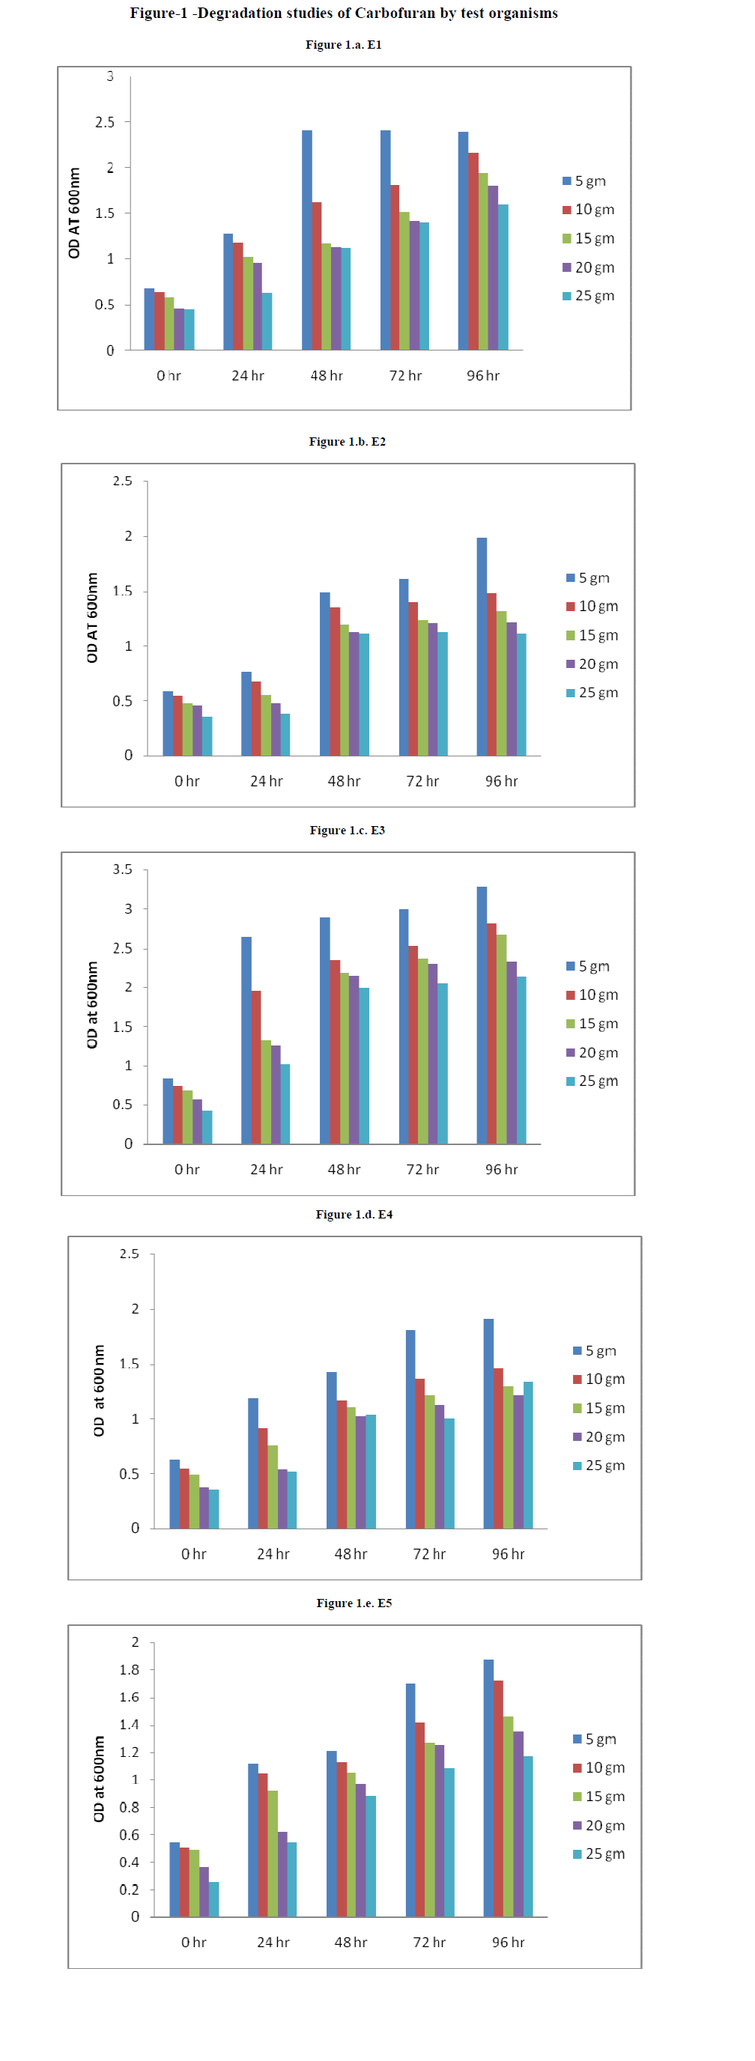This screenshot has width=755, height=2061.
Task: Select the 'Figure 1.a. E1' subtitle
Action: (x=343, y=45)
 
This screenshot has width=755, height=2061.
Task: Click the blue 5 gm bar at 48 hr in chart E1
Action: (x=307, y=240)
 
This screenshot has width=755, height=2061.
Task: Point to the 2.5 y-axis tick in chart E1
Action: (x=105, y=122)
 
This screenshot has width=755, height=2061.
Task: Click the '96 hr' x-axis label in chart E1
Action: (x=483, y=376)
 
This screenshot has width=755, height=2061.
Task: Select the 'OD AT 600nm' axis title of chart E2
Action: (x=93, y=618)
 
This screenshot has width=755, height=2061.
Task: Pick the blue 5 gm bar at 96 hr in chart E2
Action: (x=482, y=646)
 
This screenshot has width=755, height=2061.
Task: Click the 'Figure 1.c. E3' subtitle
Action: (x=347, y=831)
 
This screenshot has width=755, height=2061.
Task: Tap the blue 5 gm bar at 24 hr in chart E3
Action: (x=246, y=1040)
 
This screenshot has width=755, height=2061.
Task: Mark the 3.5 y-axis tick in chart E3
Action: (x=122, y=869)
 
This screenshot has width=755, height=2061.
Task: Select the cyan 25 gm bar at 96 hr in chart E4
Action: (x=528, y=1455)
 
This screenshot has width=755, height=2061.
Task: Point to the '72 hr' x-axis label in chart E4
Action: (x=428, y=1554)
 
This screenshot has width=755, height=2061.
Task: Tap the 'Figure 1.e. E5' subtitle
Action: (x=354, y=1603)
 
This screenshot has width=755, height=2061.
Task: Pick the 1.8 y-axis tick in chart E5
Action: (x=129, y=1670)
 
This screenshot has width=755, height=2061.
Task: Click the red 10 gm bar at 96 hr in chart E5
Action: (x=498, y=1799)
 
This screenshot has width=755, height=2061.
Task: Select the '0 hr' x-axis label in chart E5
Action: (x=193, y=1943)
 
